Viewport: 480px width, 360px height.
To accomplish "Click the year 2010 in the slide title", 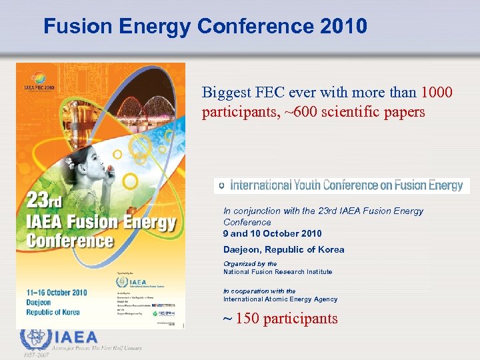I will pyautogui.click(x=343, y=26).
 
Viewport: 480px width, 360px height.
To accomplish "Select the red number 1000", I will pyautogui.click(x=437, y=92).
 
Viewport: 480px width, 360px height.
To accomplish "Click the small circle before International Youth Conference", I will pyautogui.click(x=222, y=185).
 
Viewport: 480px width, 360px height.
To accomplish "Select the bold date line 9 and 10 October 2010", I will pyautogui.click(x=272, y=233).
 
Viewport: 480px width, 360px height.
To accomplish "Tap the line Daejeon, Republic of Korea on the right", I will pyautogui.click(x=283, y=249).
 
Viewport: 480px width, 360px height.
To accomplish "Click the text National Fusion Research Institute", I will pyautogui.click(x=277, y=271).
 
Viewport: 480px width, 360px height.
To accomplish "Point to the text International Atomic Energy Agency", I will pyautogui.click(x=280, y=299).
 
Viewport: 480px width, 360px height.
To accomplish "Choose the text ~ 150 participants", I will pyautogui.click(x=280, y=319).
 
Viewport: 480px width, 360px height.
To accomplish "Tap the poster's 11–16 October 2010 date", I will pyautogui.click(x=57, y=293).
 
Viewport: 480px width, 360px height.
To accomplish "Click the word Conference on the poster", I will pyautogui.click(x=70, y=239).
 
